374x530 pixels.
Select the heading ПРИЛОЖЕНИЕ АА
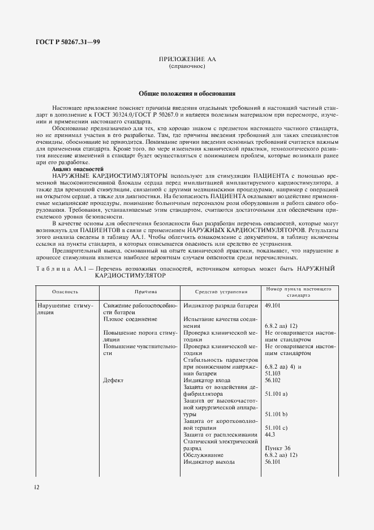coord(187,59)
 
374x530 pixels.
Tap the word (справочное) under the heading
coord(187,66)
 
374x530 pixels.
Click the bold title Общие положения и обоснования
coord(187,93)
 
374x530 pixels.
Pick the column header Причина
coord(141,292)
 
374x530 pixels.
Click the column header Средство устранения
coord(221,292)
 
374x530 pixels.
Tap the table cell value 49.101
coord(273,305)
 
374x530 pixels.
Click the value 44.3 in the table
coord(270,434)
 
